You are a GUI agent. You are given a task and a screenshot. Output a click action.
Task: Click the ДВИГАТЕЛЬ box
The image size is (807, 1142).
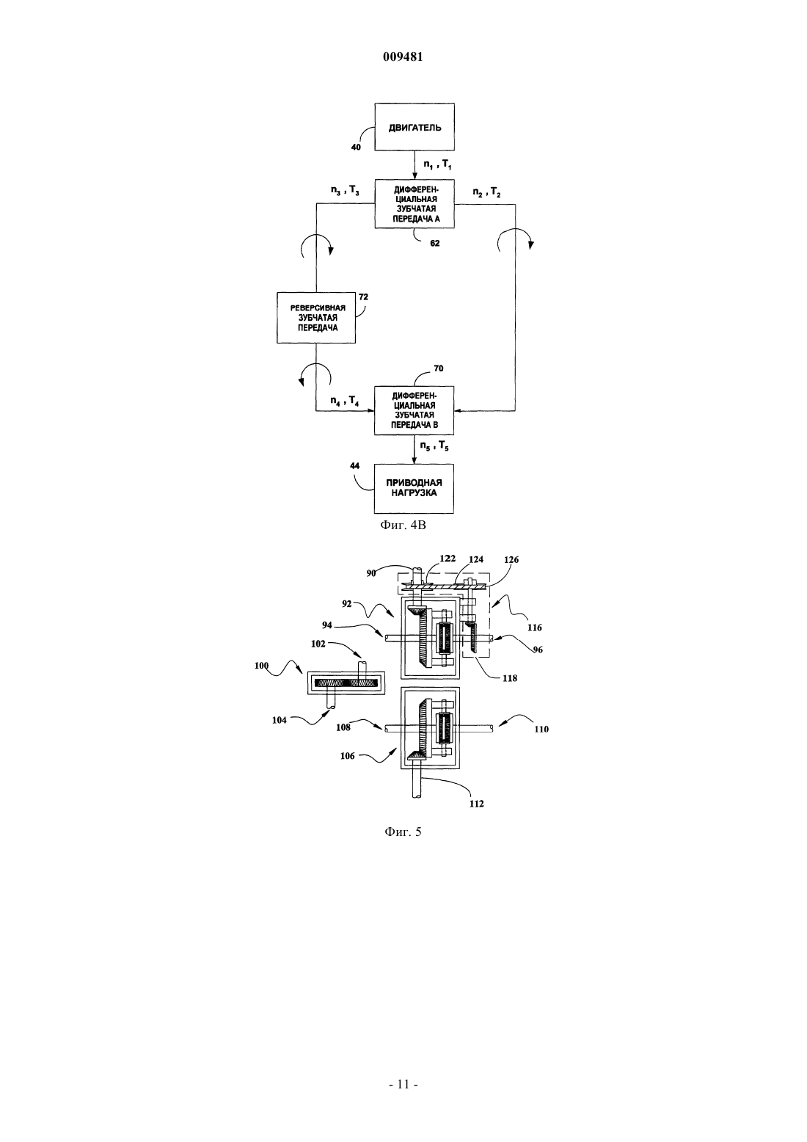[415, 127]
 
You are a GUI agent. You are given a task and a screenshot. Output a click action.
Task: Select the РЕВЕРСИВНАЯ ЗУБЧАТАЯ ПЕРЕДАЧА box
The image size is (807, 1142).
[316, 318]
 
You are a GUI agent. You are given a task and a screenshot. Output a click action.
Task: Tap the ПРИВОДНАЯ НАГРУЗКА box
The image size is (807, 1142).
[414, 488]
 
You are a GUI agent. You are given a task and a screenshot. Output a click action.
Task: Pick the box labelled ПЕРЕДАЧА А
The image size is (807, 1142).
[415, 204]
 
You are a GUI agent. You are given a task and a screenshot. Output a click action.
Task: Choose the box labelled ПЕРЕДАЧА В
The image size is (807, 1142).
[414, 410]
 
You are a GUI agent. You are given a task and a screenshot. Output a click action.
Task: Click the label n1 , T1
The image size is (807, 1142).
[438, 164]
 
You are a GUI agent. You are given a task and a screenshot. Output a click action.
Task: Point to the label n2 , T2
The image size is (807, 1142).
[486, 193]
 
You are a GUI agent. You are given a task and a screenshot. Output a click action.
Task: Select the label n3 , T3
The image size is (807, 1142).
[345, 192]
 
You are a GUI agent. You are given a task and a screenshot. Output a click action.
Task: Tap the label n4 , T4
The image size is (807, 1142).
[344, 401]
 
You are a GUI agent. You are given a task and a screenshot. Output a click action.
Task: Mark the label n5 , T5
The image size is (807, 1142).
[434, 446]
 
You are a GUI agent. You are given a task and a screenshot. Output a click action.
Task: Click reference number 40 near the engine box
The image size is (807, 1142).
[356, 148]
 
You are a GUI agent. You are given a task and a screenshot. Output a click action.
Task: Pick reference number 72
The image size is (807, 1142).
[363, 297]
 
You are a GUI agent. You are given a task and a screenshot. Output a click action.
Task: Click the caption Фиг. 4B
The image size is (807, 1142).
[403, 525]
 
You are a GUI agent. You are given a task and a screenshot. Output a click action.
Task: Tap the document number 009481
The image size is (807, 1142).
[403, 57]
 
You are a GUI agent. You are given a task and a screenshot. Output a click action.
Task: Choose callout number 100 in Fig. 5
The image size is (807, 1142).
[262, 666]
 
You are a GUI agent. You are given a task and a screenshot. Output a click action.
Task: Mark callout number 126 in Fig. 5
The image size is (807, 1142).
[511, 559]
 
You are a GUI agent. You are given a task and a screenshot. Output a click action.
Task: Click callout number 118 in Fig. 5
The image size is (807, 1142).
[509, 678]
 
